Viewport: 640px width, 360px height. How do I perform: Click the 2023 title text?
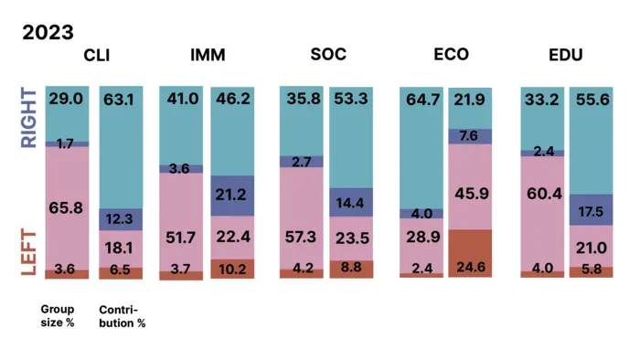48,33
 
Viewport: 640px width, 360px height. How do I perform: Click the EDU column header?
567,55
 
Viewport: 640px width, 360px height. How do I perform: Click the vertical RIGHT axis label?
30,117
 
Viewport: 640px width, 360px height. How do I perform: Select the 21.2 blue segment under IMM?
233,195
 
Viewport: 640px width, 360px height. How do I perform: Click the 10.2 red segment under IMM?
233,269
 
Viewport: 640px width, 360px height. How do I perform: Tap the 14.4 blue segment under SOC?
352,203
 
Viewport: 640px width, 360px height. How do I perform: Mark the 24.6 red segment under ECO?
471,253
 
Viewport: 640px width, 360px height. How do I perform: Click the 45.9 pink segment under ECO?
471,187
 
